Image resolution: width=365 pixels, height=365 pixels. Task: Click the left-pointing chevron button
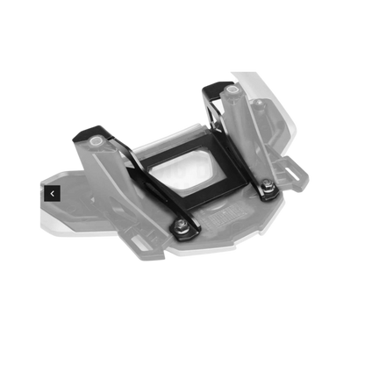point(53,193)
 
